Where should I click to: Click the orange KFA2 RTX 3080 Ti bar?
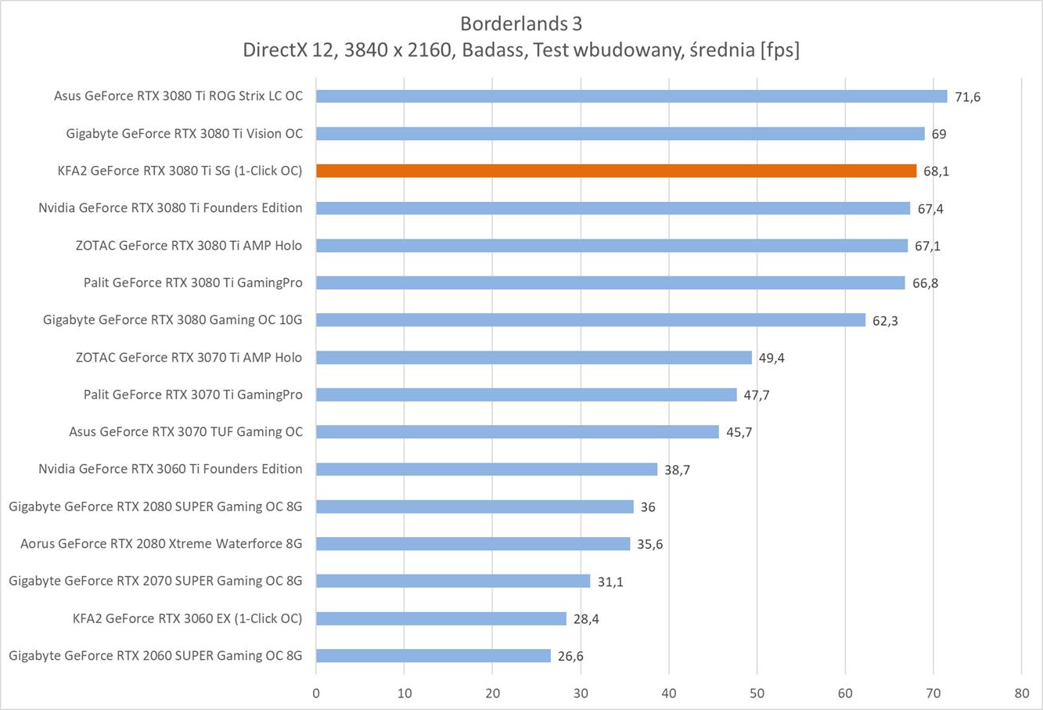(616, 171)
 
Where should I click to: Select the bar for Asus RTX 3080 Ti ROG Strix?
(631, 96)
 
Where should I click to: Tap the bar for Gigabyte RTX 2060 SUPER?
(433, 656)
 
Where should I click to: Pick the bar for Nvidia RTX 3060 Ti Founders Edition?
(487, 469)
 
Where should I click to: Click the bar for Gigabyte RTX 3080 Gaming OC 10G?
(591, 320)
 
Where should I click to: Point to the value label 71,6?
(967, 97)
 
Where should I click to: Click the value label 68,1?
(936, 171)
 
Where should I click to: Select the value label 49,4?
(771, 358)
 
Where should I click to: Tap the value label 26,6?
(570, 656)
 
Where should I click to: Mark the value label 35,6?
(649, 544)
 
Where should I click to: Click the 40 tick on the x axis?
(669, 693)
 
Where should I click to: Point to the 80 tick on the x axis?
(1021, 693)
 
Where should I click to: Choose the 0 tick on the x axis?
(316, 693)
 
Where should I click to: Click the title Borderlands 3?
(521, 22)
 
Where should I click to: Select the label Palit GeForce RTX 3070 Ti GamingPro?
(192, 395)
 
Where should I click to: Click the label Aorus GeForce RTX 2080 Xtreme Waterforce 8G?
(161, 543)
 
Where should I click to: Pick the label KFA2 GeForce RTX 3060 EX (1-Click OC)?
(187, 618)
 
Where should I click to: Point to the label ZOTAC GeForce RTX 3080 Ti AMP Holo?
(189, 245)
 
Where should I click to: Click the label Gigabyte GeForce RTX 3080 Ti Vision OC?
(185, 133)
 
